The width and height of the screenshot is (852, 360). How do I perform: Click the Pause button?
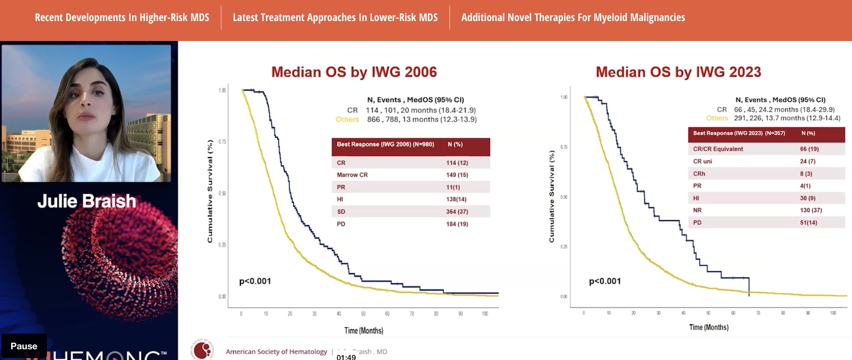coord(24,346)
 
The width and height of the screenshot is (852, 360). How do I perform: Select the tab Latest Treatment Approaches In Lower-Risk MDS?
coord(335,18)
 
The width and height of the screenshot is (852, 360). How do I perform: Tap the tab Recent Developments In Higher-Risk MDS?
coord(122,18)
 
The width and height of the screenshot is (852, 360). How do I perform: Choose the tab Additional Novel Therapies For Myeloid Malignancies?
coord(573,18)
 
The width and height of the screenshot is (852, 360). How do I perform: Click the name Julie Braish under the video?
coord(87,201)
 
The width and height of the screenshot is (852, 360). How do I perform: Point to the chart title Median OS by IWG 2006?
coord(354,72)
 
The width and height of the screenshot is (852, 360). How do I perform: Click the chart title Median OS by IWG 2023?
coord(678,72)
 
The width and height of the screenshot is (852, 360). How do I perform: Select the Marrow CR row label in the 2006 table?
coord(352,175)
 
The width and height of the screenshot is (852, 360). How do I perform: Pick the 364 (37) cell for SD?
coord(457,212)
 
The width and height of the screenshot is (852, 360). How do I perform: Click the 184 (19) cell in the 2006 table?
coord(457,224)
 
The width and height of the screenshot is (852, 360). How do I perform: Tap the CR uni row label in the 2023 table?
coord(702,161)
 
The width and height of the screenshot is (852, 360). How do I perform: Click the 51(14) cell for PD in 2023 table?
coord(808,222)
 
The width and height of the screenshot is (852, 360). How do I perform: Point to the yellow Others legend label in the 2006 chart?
coord(347,119)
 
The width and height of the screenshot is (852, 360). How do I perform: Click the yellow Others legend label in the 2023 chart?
coord(717,118)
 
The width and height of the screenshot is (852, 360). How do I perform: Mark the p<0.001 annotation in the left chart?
coord(255,281)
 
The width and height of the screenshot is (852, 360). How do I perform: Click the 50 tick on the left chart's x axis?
coord(363,314)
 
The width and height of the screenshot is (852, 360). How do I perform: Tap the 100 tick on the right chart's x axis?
coord(833,313)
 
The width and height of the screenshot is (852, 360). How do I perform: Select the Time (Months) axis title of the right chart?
coord(709,327)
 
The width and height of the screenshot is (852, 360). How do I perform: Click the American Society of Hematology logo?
coord(202,350)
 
